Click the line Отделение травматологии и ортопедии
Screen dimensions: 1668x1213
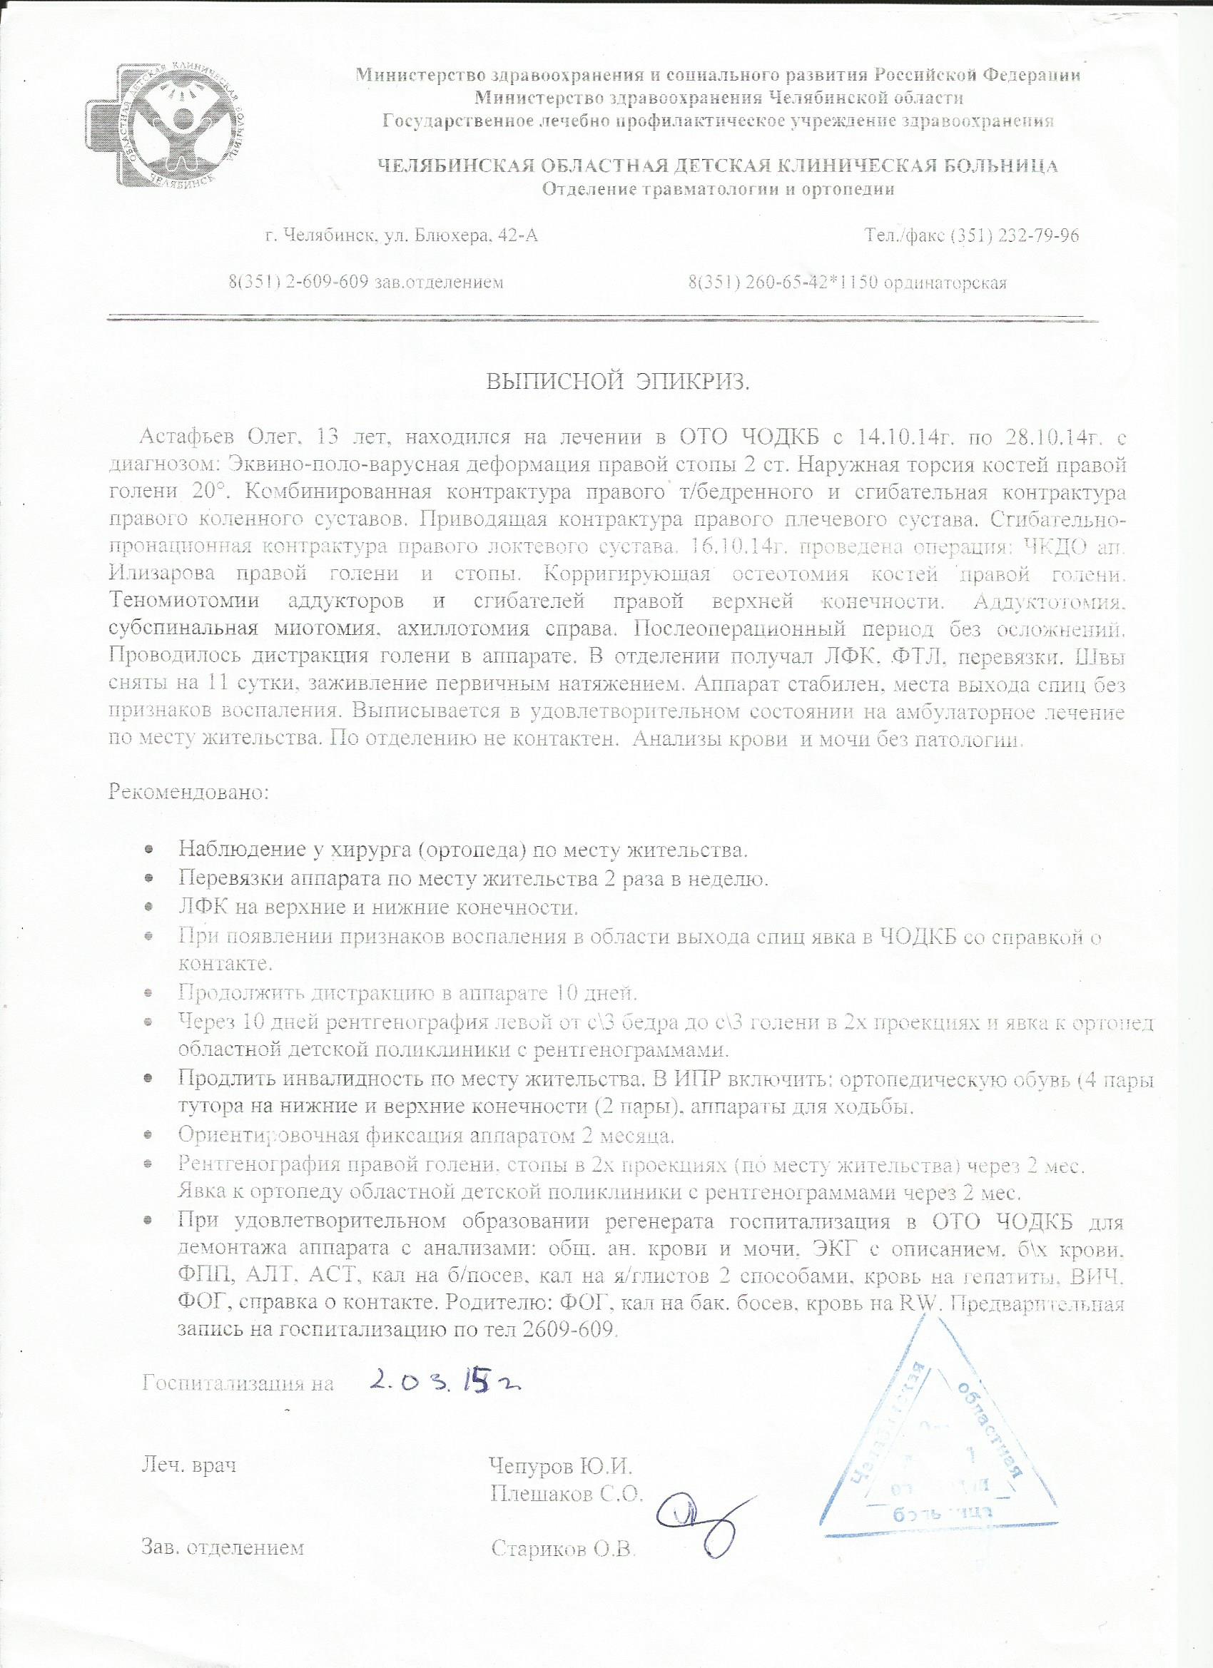point(718,190)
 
